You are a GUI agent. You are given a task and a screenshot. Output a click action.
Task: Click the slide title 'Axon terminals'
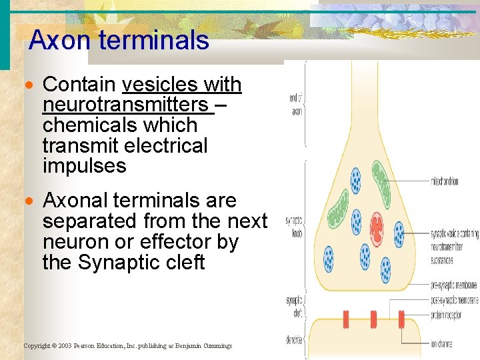[x=119, y=41]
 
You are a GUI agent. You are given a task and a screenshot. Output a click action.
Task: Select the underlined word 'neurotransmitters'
[x=125, y=105]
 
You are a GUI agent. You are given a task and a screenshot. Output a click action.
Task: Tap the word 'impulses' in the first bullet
[x=84, y=165]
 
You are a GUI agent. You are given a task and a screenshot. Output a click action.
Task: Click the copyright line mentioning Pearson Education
[x=128, y=346]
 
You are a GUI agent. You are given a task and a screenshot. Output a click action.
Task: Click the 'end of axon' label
[x=297, y=106]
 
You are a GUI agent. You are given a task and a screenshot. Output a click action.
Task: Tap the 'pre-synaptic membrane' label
[x=453, y=285]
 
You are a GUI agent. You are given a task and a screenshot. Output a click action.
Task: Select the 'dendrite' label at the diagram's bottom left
[x=294, y=340]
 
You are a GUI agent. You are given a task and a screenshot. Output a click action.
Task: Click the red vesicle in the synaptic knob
[x=377, y=227]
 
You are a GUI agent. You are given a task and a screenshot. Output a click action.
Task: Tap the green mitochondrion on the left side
[x=339, y=211]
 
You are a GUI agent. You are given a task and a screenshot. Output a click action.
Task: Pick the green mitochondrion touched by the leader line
[x=381, y=179]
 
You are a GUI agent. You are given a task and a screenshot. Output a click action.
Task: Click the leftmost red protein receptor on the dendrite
[x=346, y=319]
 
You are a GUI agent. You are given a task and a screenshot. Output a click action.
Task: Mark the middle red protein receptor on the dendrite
[x=373, y=319]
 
